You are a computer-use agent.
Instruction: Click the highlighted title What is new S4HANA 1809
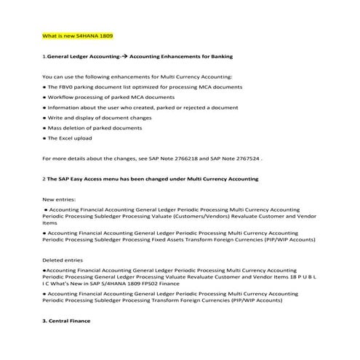coord(78,35)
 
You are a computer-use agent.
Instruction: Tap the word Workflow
coord(62,97)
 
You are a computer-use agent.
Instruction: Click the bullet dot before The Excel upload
coord(44,137)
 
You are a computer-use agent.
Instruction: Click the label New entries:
coord(59,199)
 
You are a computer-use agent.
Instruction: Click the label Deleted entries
coord(63,260)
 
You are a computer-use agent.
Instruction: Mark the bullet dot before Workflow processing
coord(44,97)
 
